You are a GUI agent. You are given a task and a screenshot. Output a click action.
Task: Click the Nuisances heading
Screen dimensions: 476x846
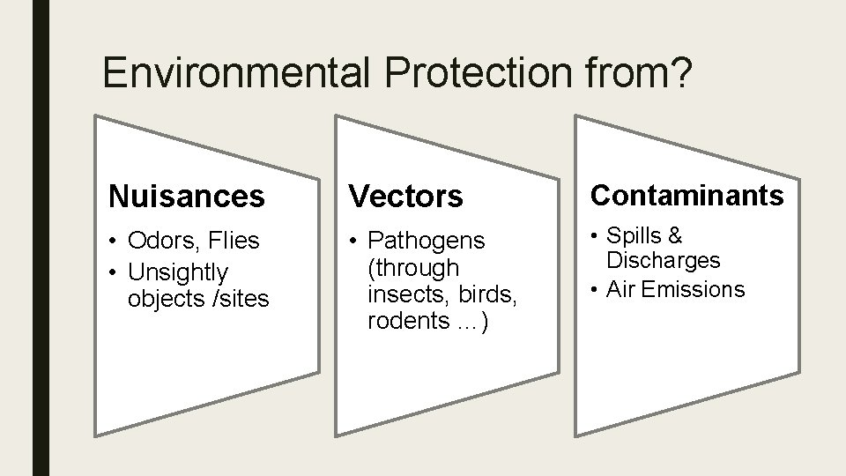(x=186, y=197)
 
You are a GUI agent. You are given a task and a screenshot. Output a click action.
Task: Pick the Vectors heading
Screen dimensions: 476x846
(x=406, y=197)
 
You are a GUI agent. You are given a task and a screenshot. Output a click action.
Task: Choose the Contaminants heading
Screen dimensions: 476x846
(x=686, y=195)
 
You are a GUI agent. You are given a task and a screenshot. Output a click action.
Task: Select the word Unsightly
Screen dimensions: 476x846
(x=178, y=272)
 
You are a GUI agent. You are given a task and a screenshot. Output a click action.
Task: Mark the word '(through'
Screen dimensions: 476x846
(x=413, y=267)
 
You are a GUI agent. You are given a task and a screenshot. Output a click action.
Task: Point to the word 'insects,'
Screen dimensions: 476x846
(x=406, y=294)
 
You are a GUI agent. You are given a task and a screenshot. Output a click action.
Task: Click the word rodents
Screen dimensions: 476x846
(x=406, y=321)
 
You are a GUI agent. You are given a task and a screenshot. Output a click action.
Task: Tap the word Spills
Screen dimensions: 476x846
(x=633, y=235)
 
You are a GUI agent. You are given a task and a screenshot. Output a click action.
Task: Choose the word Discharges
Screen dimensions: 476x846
(x=663, y=261)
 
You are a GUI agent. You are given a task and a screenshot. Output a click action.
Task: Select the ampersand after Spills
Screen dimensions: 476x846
(x=675, y=235)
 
